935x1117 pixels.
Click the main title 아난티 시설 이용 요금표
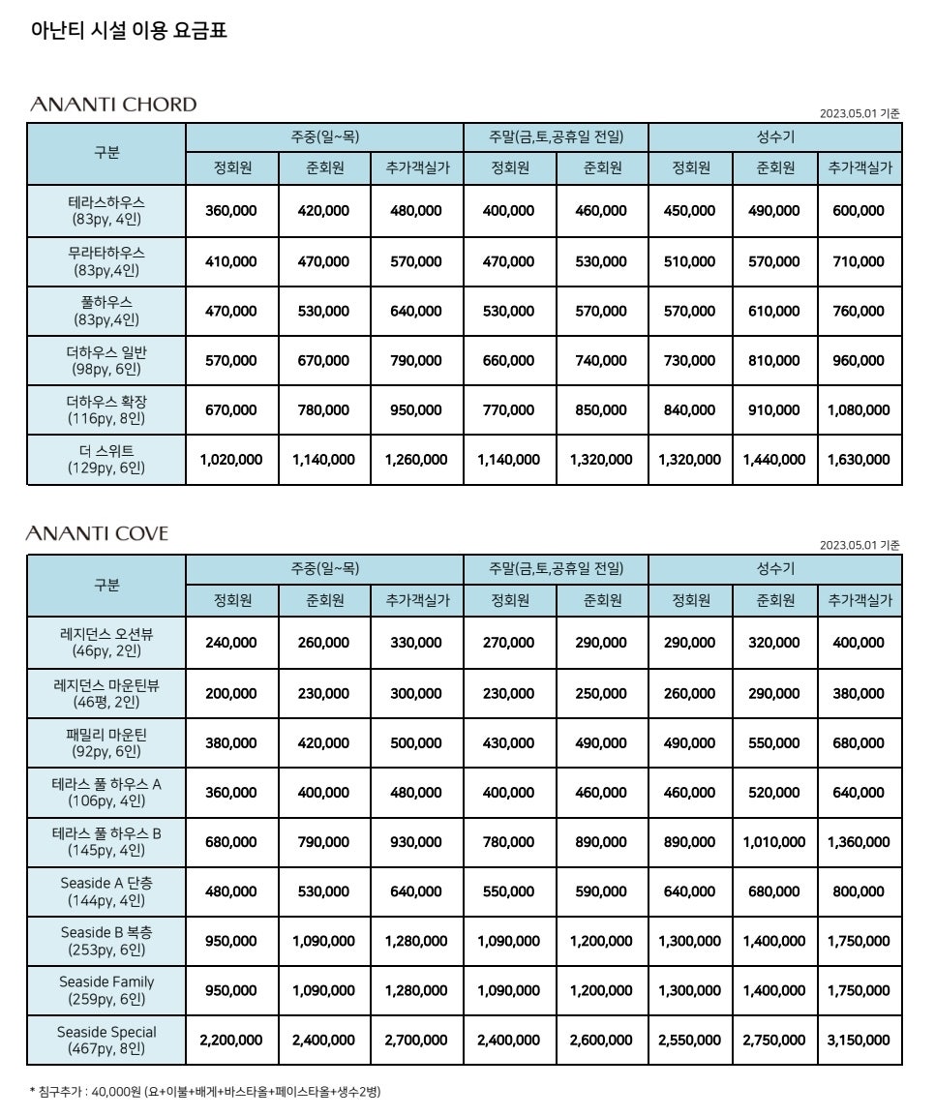(129, 31)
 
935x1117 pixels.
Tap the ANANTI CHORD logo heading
(113, 105)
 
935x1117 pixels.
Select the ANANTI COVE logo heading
(98, 533)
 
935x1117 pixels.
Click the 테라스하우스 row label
(106, 210)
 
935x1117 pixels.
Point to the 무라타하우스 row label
(106, 260)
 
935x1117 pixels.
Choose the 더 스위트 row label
(106, 459)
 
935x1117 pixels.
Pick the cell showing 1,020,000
(231, 460)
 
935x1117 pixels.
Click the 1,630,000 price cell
(859, 460)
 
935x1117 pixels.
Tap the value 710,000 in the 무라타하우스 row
(859, 261)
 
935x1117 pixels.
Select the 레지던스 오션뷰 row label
(106, 643)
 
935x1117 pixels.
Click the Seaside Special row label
(106, 1040)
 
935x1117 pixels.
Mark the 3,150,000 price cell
(859, 1040)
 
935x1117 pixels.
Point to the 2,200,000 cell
(231, 1040)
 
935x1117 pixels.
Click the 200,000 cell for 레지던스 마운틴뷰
(231, 693)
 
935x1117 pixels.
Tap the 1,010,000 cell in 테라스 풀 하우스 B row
(774, 842)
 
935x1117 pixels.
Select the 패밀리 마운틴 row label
(106, 742)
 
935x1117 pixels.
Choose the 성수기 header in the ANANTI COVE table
(774, 569)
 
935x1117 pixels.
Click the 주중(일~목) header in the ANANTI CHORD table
(324, 137)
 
